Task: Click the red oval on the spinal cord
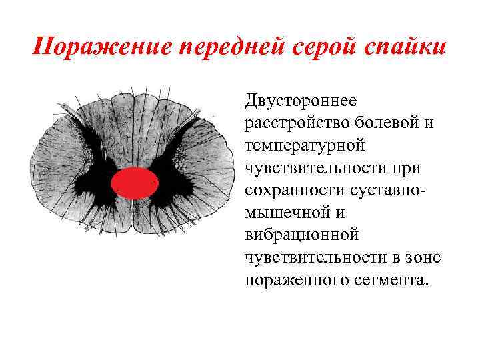(x=135, y=183)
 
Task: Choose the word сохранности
(x=288, y=189)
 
